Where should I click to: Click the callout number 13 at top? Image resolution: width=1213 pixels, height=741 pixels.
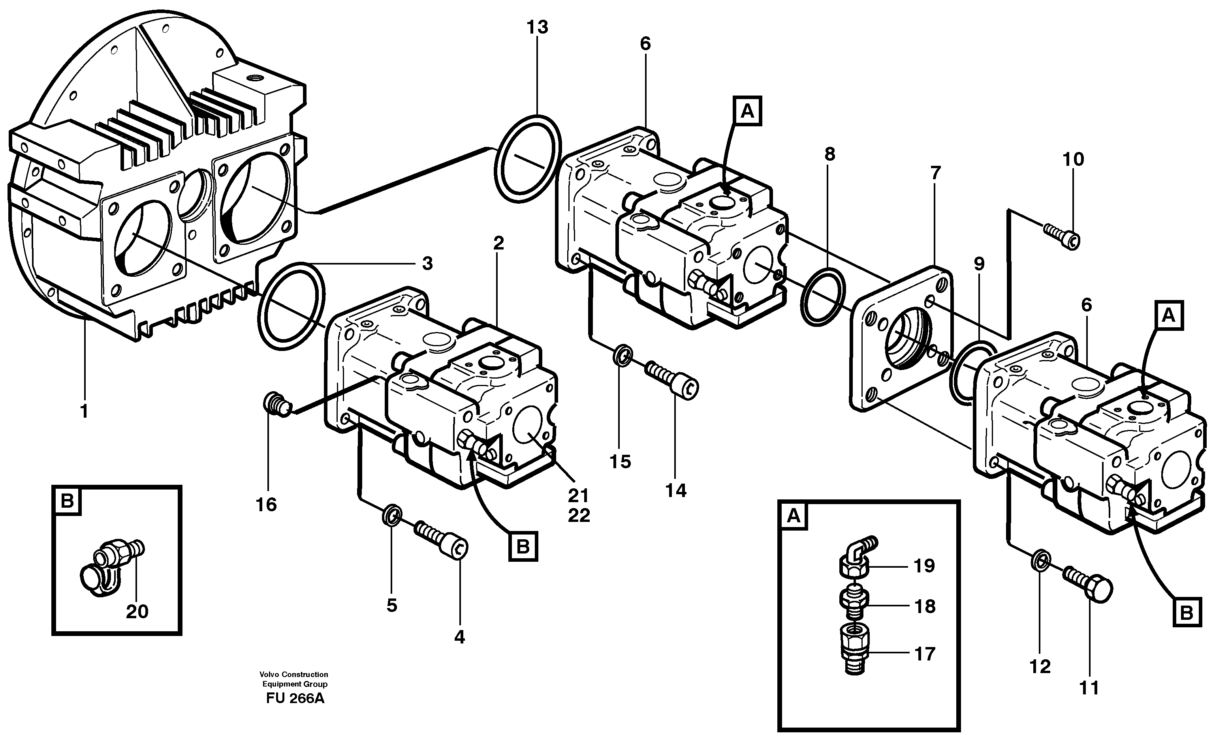(537, 28)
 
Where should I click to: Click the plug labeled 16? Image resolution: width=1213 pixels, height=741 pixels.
(276, 406)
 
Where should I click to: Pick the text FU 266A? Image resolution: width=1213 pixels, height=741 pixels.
(295, 699)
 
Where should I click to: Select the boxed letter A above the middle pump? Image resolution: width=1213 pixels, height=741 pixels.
(747, 112)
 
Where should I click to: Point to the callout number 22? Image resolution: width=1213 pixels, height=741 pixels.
(578, 515)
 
